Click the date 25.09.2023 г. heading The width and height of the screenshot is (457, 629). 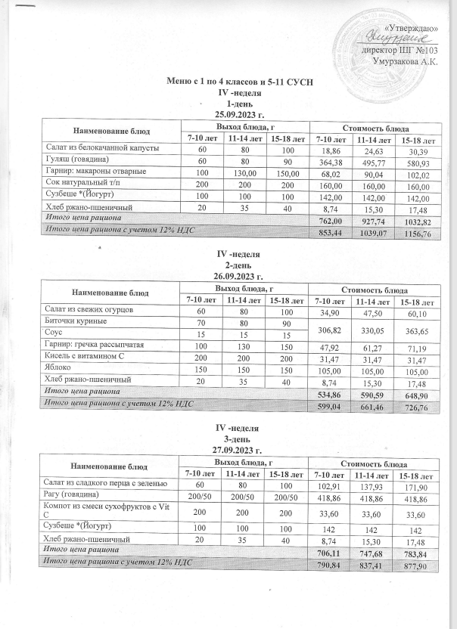[x=240, y=114]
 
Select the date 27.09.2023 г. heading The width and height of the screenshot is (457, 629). [x=240, y=451]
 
